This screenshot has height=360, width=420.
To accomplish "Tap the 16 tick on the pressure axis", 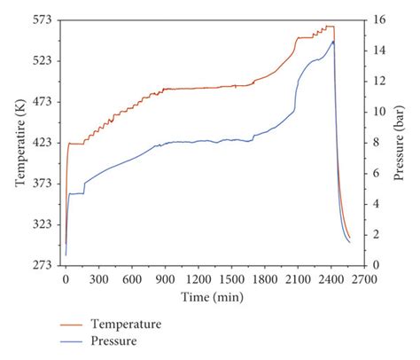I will (378, 19).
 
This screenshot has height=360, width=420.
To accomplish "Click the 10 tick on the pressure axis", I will (378, 111).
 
